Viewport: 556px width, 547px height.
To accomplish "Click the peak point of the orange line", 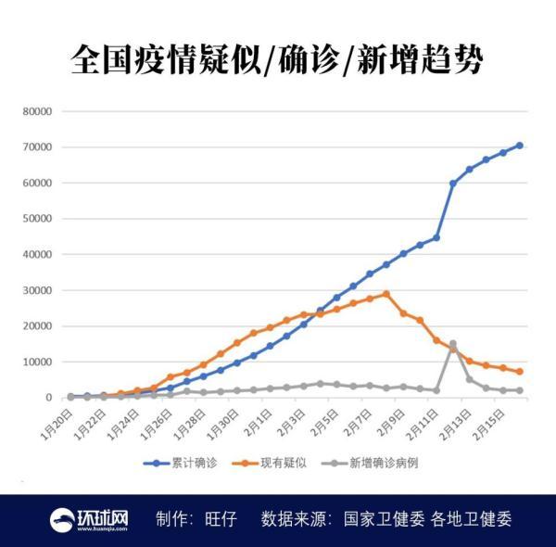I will click(x=386, y=294).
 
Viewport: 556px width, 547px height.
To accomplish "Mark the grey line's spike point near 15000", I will click(x=453, y=344).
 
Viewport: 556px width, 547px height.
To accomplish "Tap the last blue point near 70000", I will click(x=520, y=146).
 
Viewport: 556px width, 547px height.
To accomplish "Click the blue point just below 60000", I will click(x=453, y=184).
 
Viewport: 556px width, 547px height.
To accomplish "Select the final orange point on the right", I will click(x=520, y=371).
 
